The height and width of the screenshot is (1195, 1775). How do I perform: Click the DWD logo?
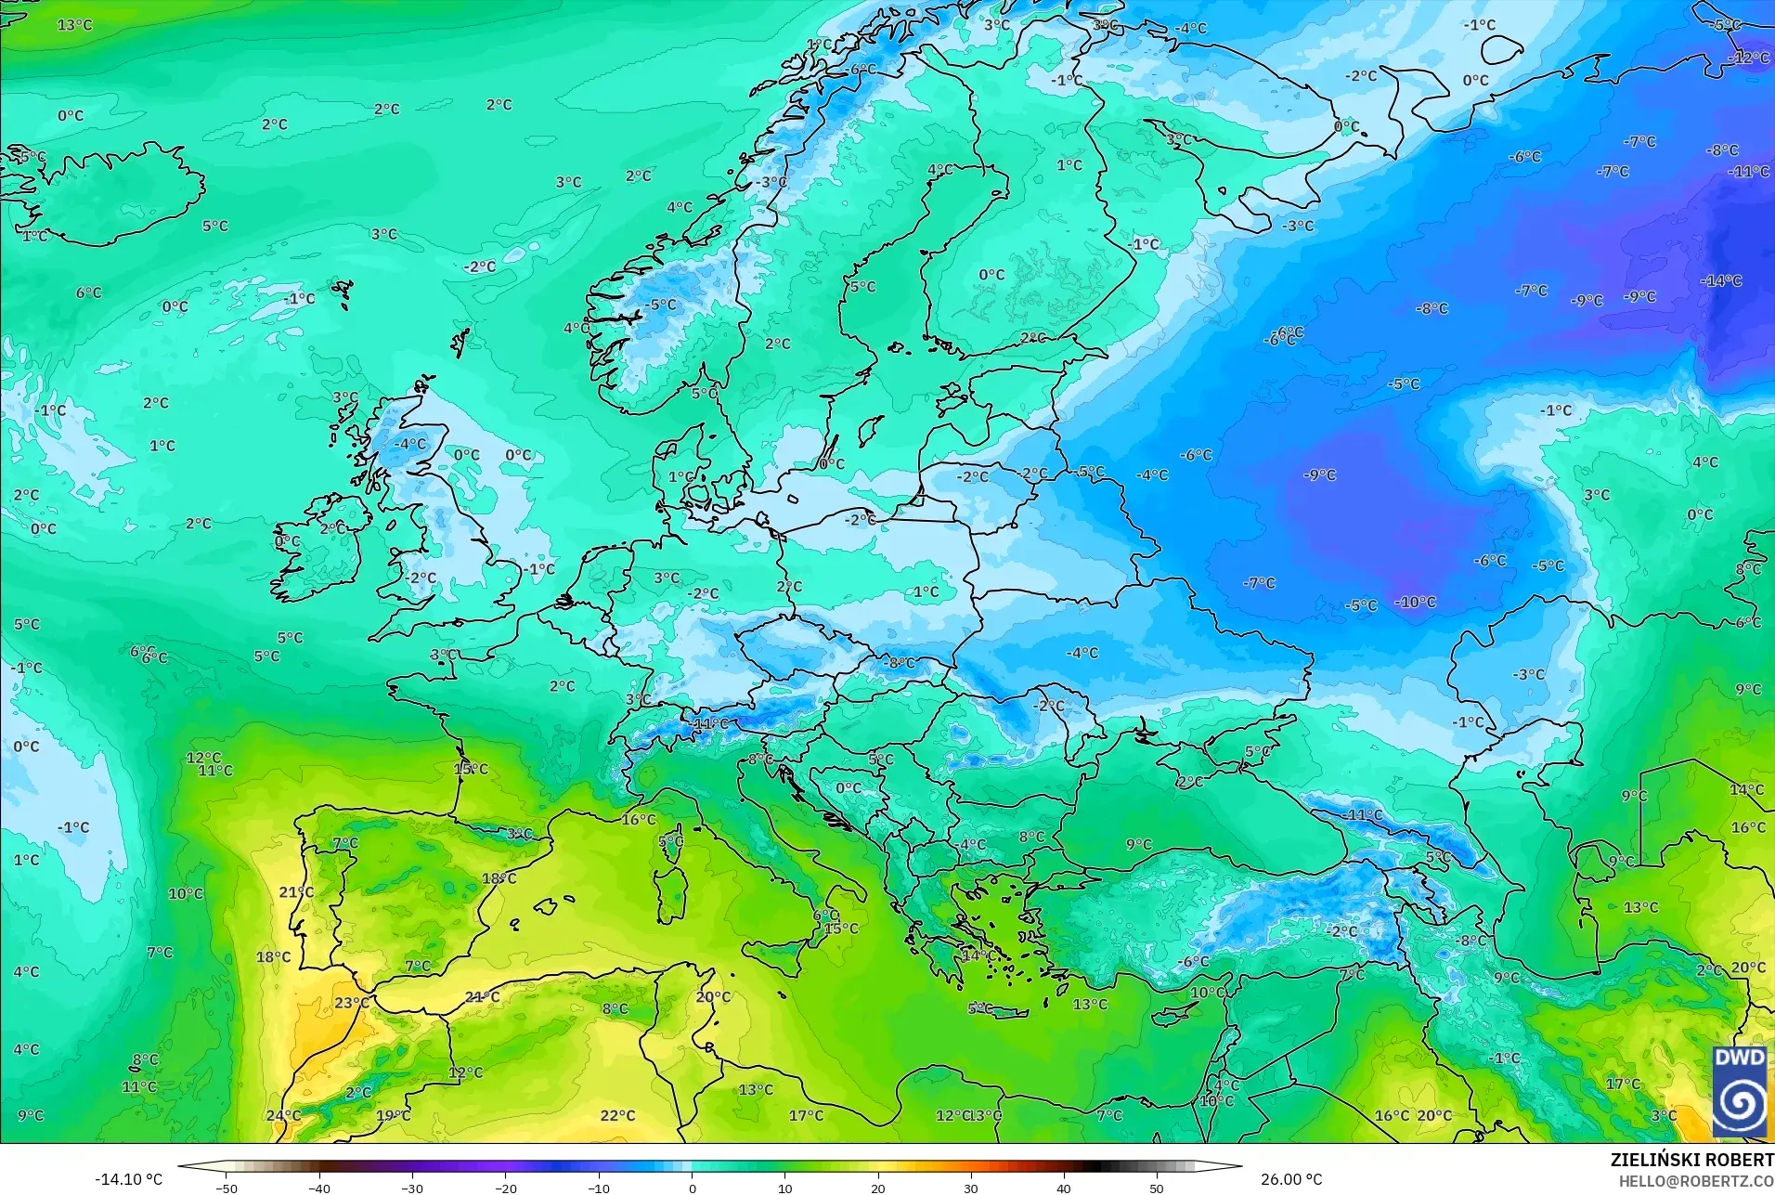1741,1091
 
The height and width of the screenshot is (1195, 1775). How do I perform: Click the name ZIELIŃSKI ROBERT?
1691,1161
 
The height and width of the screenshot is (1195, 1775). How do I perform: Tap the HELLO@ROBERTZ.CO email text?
1696,1181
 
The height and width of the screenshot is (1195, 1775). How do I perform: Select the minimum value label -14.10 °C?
128,1179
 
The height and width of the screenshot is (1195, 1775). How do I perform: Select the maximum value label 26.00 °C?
1290,1179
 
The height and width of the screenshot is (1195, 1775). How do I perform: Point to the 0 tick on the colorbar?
692,1188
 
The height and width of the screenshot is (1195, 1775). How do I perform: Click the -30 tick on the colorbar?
412,1188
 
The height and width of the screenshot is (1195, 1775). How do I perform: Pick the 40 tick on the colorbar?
1064,1188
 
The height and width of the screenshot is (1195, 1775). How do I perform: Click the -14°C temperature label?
1721,280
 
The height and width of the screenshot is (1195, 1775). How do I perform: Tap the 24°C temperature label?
283,1115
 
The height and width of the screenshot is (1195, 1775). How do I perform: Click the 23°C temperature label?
352,1003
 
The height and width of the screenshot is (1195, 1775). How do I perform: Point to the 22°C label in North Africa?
617,1115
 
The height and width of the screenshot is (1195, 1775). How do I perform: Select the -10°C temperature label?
1415,602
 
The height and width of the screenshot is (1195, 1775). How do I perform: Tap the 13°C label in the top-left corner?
74,25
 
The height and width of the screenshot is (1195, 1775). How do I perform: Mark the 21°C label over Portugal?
296,892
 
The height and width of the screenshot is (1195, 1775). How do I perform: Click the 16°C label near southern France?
638,819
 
